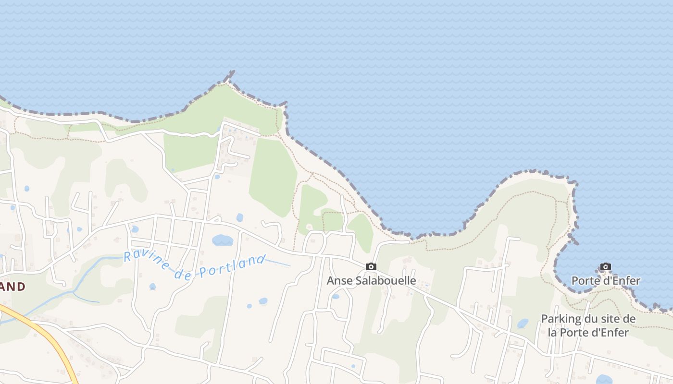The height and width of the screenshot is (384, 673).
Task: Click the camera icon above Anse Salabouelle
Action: (371, 266)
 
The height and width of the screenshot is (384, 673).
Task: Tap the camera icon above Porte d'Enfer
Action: (606, 266)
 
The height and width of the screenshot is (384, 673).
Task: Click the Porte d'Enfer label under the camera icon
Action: (606, 281)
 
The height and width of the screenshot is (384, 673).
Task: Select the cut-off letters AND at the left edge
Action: (12, 287)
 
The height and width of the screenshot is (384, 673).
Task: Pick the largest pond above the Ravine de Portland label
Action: (222, 240)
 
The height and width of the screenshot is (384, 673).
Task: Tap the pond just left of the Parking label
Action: (523, 324)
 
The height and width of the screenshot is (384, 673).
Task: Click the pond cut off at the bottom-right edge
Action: (604, 380)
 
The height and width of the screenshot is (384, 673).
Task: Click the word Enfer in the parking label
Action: (614, 332)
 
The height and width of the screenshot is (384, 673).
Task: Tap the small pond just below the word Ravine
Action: (152, 287)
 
